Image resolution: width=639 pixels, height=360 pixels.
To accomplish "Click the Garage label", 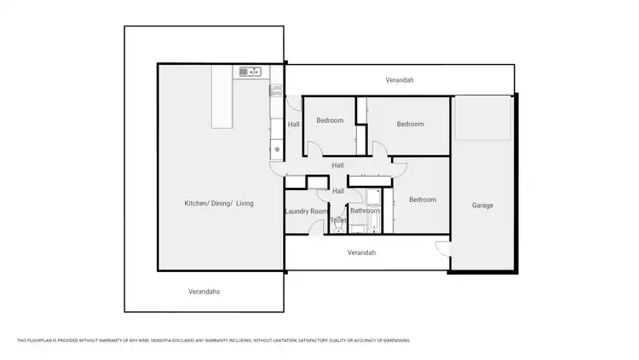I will [482, 206].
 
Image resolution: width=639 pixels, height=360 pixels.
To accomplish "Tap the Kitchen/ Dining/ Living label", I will [219, 203].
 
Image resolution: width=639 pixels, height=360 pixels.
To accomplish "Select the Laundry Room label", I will [306, 212].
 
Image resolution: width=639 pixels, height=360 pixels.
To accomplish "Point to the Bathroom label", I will [365, 211].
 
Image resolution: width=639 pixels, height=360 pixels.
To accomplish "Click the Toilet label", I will [338, 220].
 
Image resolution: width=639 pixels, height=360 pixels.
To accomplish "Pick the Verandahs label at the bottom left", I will [204, 292].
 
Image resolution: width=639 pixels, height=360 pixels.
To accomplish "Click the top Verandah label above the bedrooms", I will [400, 80].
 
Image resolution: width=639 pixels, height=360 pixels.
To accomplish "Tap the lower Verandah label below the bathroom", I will [361, 253].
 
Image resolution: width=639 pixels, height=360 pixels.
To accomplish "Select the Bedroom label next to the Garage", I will [422, 200].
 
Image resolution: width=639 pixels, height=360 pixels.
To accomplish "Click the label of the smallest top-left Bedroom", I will [330, 120].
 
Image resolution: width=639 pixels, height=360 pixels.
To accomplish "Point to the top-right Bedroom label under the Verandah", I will [410, 124].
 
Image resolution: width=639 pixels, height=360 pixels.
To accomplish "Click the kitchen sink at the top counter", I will [249, 73].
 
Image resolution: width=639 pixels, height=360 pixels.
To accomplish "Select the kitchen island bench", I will [222, 97].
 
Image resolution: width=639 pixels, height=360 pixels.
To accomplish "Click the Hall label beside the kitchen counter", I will [293, 125].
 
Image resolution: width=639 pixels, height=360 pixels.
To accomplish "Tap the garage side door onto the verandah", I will [441, 248].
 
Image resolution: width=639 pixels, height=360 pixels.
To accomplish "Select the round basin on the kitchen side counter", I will [277, 149].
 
